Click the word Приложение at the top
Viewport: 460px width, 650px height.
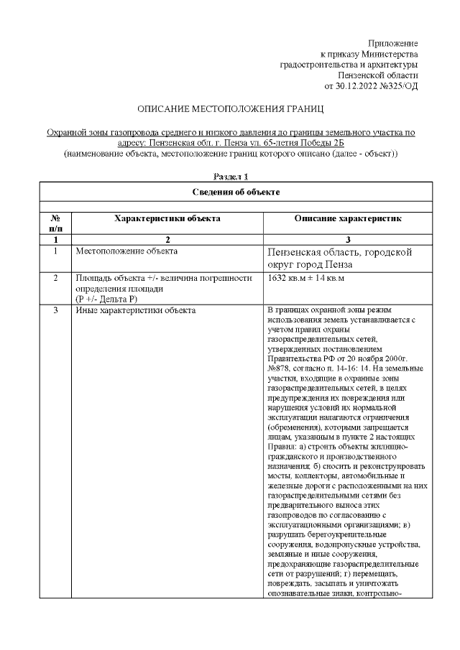[x=392, y=44]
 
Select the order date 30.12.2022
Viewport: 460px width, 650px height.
[x=359, y=86]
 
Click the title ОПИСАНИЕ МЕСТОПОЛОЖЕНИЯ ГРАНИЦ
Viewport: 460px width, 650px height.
[x=231, y=109]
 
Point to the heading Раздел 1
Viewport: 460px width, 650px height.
[x=231, y=176]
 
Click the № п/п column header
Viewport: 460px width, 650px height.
[x=55, y=222]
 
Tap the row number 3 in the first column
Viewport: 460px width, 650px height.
[x=55, y=310]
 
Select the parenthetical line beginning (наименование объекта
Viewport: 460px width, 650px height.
[x=231, y=154]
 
